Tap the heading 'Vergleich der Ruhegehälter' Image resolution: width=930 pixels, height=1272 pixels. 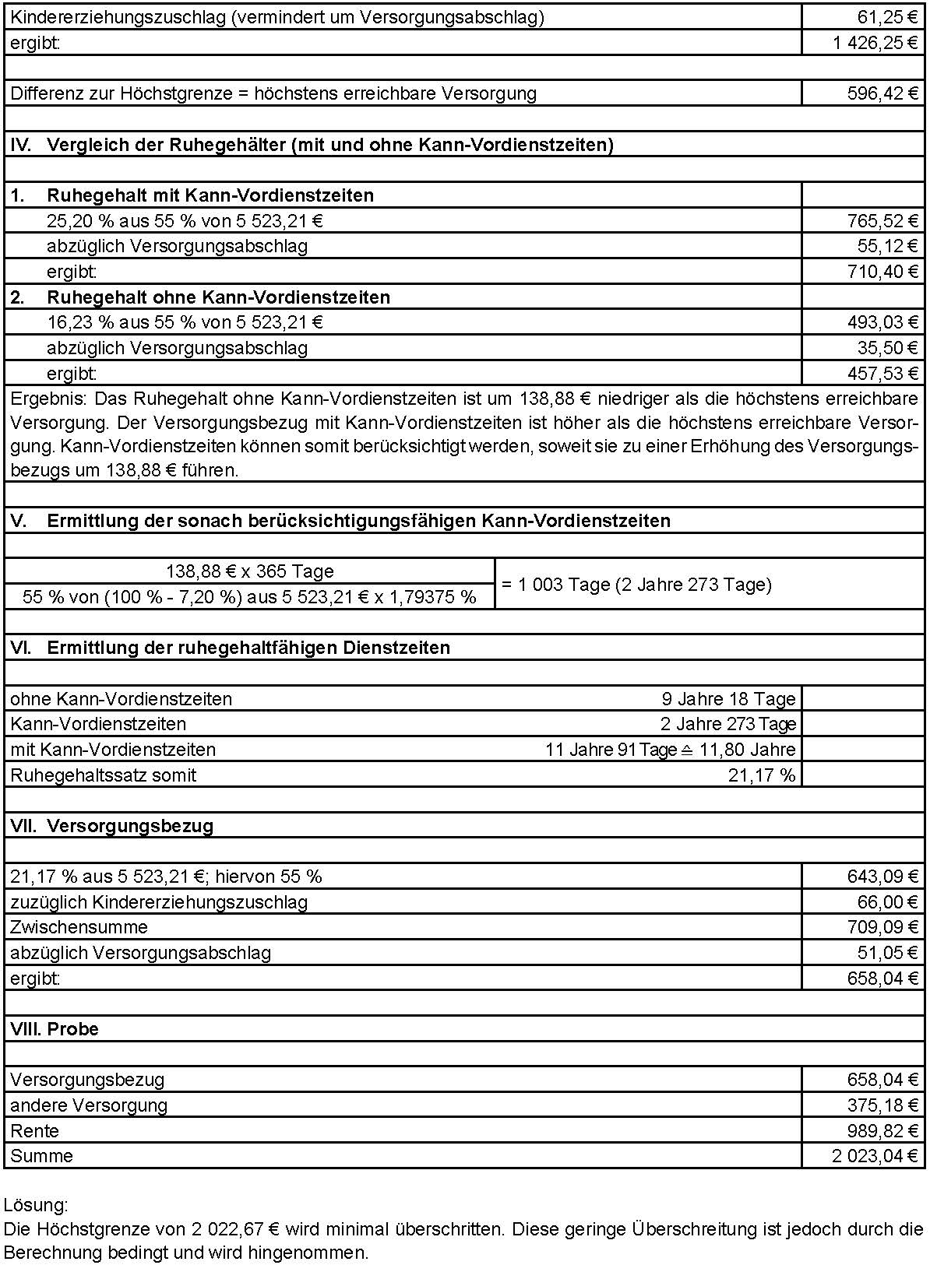coord(329,145)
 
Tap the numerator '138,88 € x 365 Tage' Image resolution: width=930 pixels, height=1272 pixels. coord(249,571)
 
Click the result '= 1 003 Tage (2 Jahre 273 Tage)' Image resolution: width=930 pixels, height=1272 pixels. coord(636,585)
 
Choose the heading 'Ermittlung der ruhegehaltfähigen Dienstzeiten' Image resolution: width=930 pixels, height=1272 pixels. coord(248,648)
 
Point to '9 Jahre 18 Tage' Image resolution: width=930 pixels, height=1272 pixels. coord(728,699)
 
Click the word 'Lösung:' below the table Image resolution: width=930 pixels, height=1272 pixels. coord(36,1206)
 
